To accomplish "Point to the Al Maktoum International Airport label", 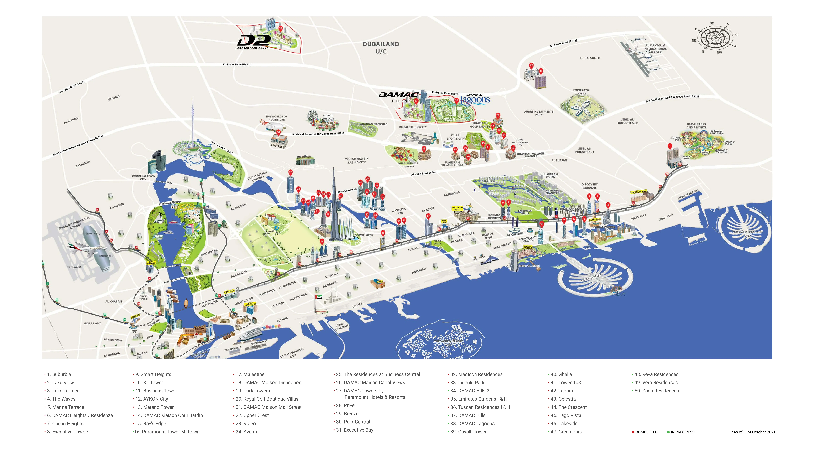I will [655, 49].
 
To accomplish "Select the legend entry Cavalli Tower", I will [468, 432].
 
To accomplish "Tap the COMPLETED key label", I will [646, 432].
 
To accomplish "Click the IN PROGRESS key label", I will [682, 432].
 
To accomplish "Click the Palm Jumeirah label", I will [592, 277].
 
